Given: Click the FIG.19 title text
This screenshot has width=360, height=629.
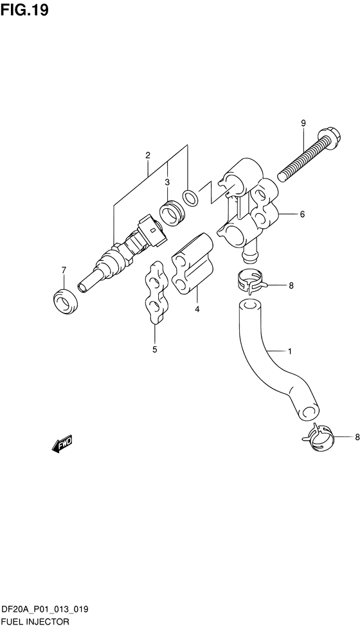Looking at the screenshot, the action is click(x=24, y=10).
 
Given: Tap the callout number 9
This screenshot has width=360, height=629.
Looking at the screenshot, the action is click(x=303, y=123).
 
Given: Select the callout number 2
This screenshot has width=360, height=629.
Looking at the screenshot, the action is click(x=148, y=155).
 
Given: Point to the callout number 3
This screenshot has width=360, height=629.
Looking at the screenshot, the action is click(x=167, y=182).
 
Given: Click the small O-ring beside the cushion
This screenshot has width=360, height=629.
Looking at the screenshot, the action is click(x=190, y=198).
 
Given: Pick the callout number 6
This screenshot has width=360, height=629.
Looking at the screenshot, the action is click(x=302, y=214).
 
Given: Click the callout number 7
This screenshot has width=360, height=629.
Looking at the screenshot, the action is click(x=63, y=270).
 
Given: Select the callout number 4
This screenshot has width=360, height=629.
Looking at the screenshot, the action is click(x=197, y=309).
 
